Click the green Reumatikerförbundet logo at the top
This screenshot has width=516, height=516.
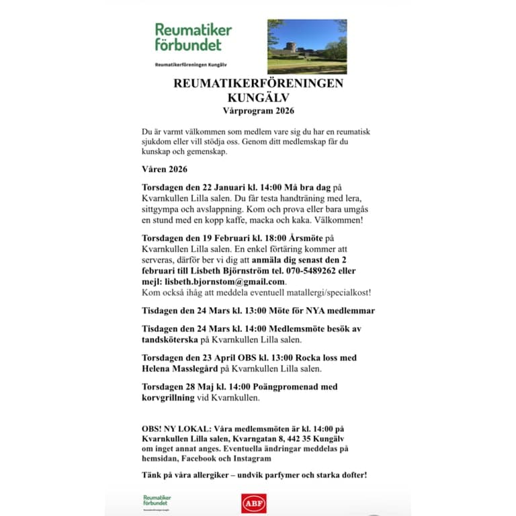point(193,38)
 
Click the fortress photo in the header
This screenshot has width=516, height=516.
point(307,46)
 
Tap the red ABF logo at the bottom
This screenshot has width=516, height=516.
point(254,503)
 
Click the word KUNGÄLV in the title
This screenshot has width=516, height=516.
point(258,97)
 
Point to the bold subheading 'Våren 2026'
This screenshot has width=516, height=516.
point(165,169)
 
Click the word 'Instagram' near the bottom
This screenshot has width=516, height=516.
point(251,458)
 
